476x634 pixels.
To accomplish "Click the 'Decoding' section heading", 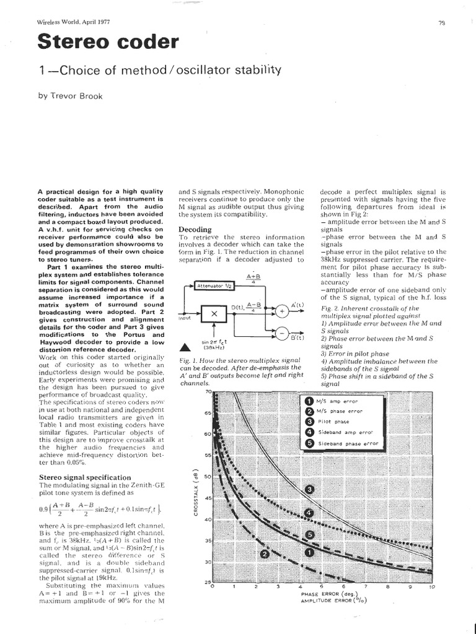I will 195,228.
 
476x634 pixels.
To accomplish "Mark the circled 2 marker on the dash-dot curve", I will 265,554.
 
